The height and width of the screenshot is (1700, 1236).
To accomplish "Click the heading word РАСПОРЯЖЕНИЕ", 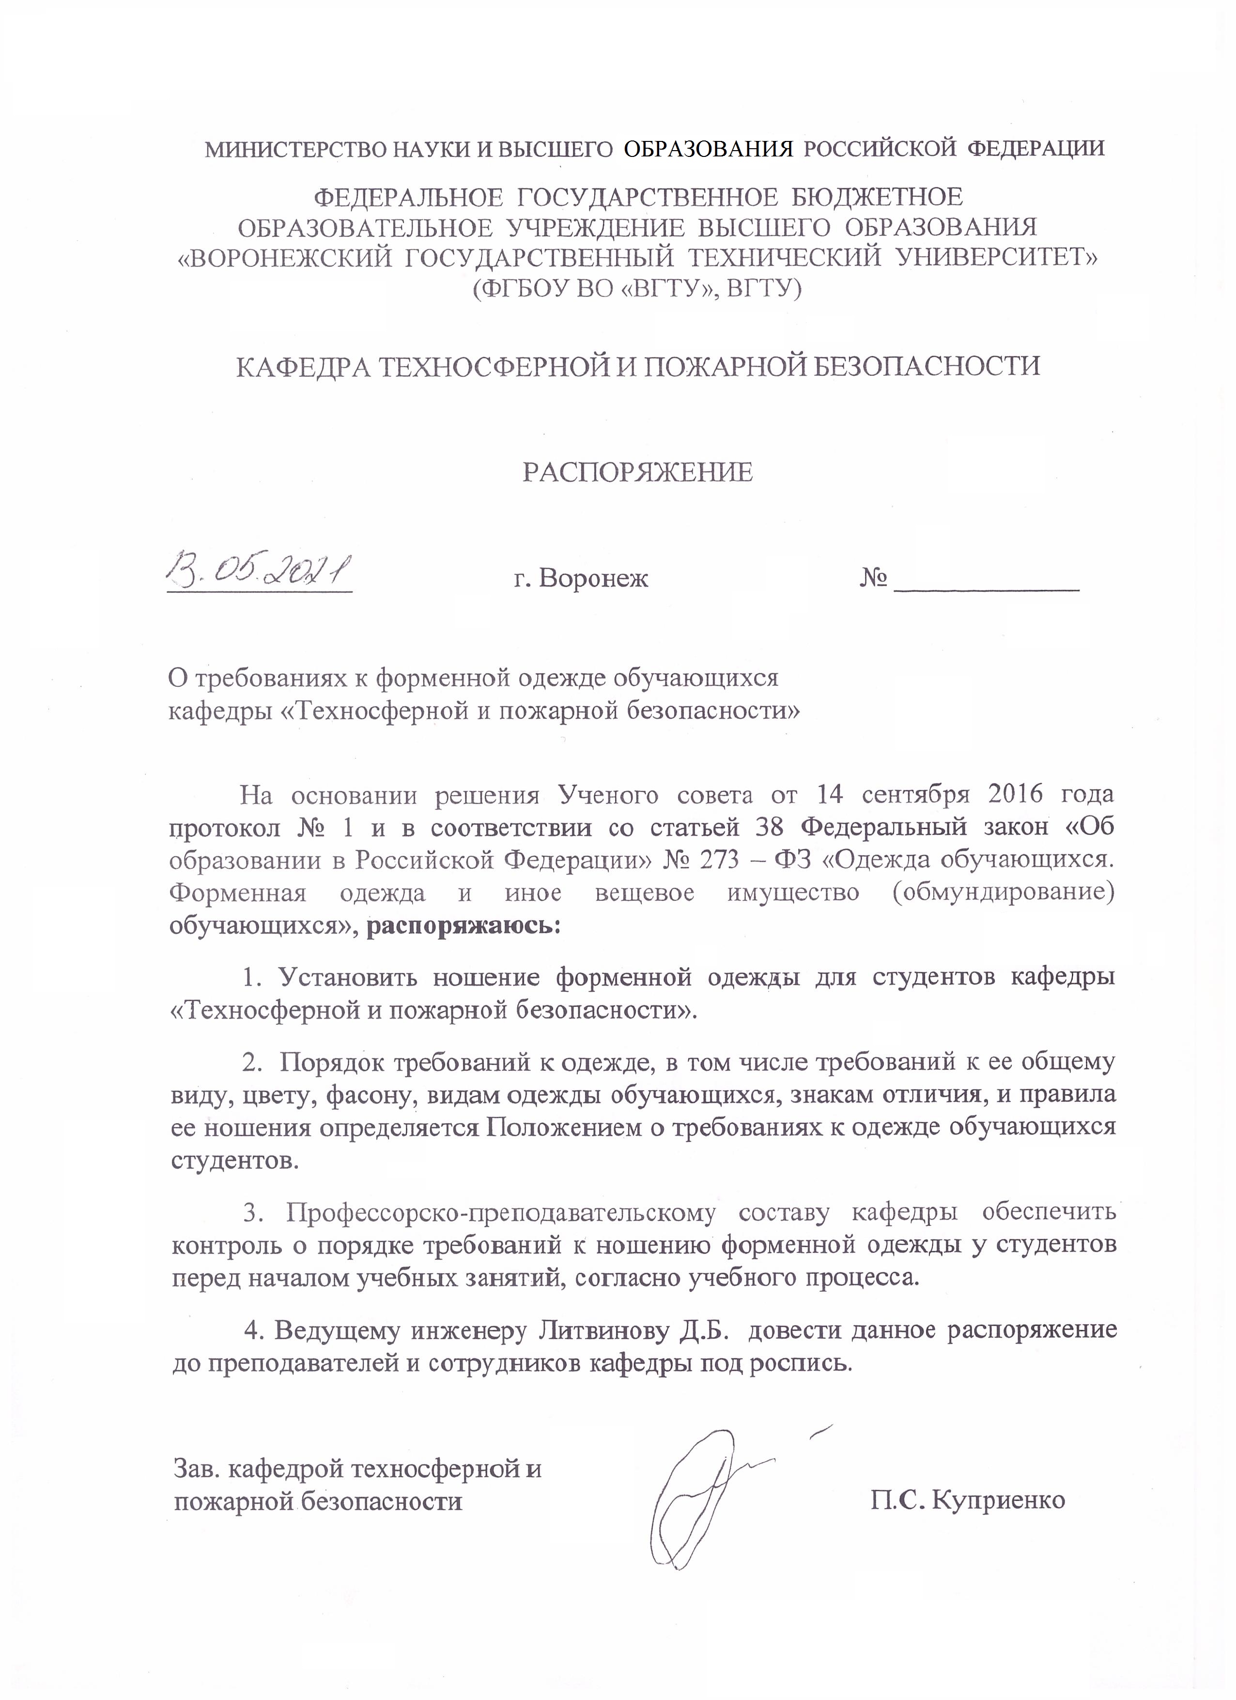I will tap(637, 472).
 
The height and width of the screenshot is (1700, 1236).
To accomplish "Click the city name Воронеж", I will tap(593, 579).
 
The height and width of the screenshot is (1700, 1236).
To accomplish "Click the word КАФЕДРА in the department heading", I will tap(300, 367).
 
